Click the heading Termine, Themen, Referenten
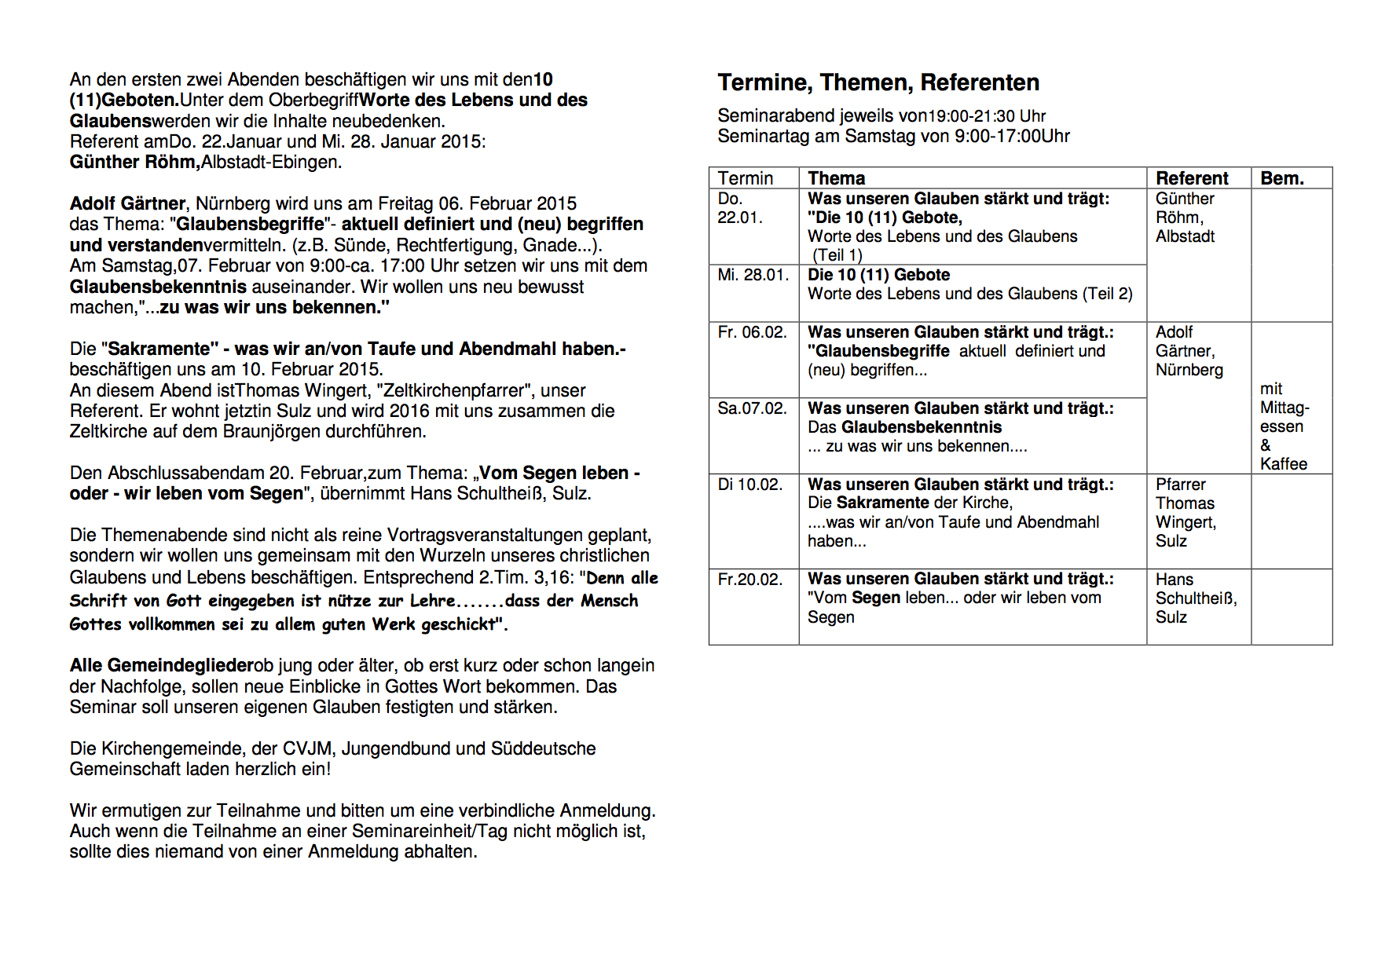pyautogui.click(x=878, y=82)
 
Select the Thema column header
pyautogui.click(x=836, y=178)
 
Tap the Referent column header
pyautogui.click(x=1192, y=178)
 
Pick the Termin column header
pyautogui.click(x=745, y=178)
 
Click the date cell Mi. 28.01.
pyautogui.click(x=753, y=275)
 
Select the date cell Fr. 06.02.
pyautogui.click(x=752, y=332)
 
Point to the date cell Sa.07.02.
pyautogui.click(x=752, y=408)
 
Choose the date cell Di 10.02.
pyautogui.click(x=750, y=485)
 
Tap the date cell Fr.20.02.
pyautogui.click(x=750, y=580)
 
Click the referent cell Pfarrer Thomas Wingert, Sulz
pyautogui.click(x=1186, y=513)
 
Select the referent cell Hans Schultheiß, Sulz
pyautogui.click(x=1195, y=598)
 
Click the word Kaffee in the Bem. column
pyautogui.click(x=1284, y=464)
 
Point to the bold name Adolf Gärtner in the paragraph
pyautogui.click(x=127, y=204)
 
